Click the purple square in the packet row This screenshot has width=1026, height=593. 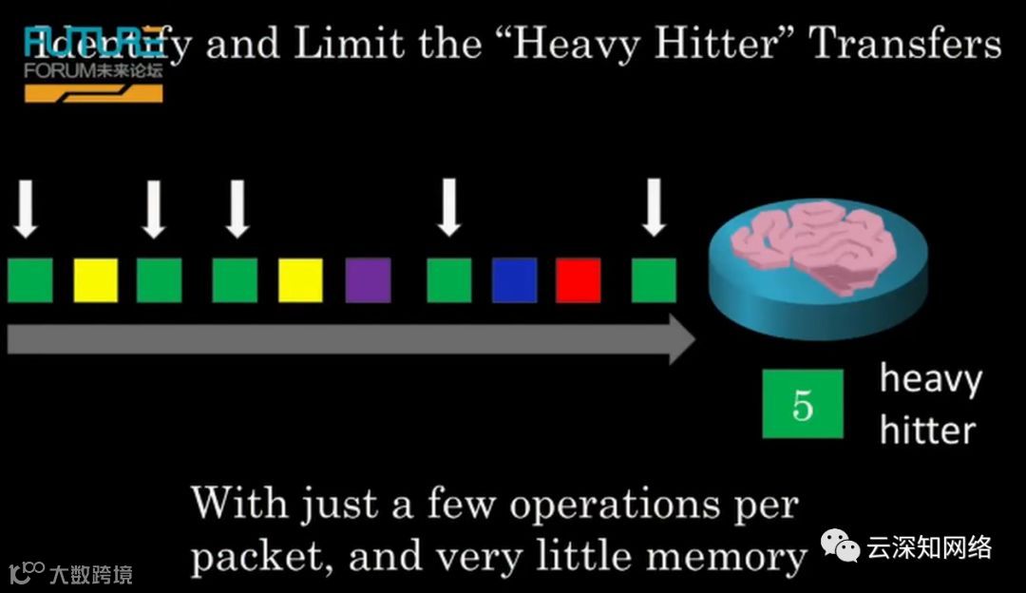click(x=368, y=280)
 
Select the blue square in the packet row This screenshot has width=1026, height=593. click(x=514, y=280)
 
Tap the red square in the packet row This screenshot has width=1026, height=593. click(x=578, y=280)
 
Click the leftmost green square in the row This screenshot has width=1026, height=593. click(x=29, y=280)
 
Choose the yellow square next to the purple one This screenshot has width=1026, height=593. click(x=300, y=280)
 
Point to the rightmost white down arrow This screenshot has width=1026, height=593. click(x=654, y=208)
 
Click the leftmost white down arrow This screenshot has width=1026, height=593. click(x=27, y=208)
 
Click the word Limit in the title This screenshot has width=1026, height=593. click(x=336, y=43)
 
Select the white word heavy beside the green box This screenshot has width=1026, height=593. click(x=929, y=379)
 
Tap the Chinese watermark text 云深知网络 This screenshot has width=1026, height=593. click(x=929, y=547)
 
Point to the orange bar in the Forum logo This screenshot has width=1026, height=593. click(x=90, y=93)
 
